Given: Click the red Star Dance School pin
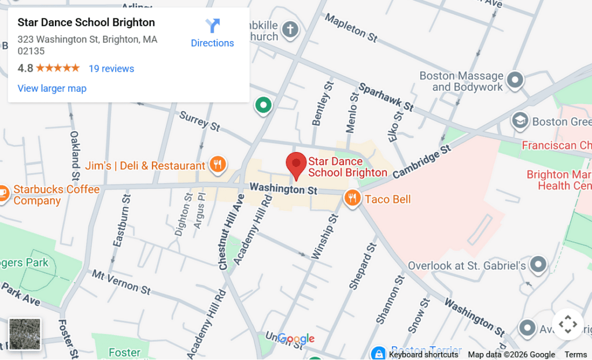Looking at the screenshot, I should pos(297,165).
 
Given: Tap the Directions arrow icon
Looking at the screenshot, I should pos(213,26).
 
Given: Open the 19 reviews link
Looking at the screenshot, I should pos(111,69).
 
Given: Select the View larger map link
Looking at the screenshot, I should pos(52,88).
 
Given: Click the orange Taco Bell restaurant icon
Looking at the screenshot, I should pos(352,199).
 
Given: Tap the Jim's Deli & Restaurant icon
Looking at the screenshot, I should pos(217,165).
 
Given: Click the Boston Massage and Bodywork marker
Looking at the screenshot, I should pos(515,80).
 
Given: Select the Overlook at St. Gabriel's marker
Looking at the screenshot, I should pos(539,265).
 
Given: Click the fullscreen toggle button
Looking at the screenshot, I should pos(568,325).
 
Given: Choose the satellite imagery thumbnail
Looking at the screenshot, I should pos(25,334).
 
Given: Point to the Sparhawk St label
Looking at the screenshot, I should pos(386,98).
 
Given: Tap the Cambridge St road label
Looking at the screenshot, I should pos(423,162).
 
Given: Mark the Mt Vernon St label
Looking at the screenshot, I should pos(121,281).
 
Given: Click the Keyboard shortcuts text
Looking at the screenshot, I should pos(423,355).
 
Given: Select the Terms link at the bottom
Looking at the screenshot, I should pos(575,355).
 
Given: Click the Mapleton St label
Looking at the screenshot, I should pos(351,28).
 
